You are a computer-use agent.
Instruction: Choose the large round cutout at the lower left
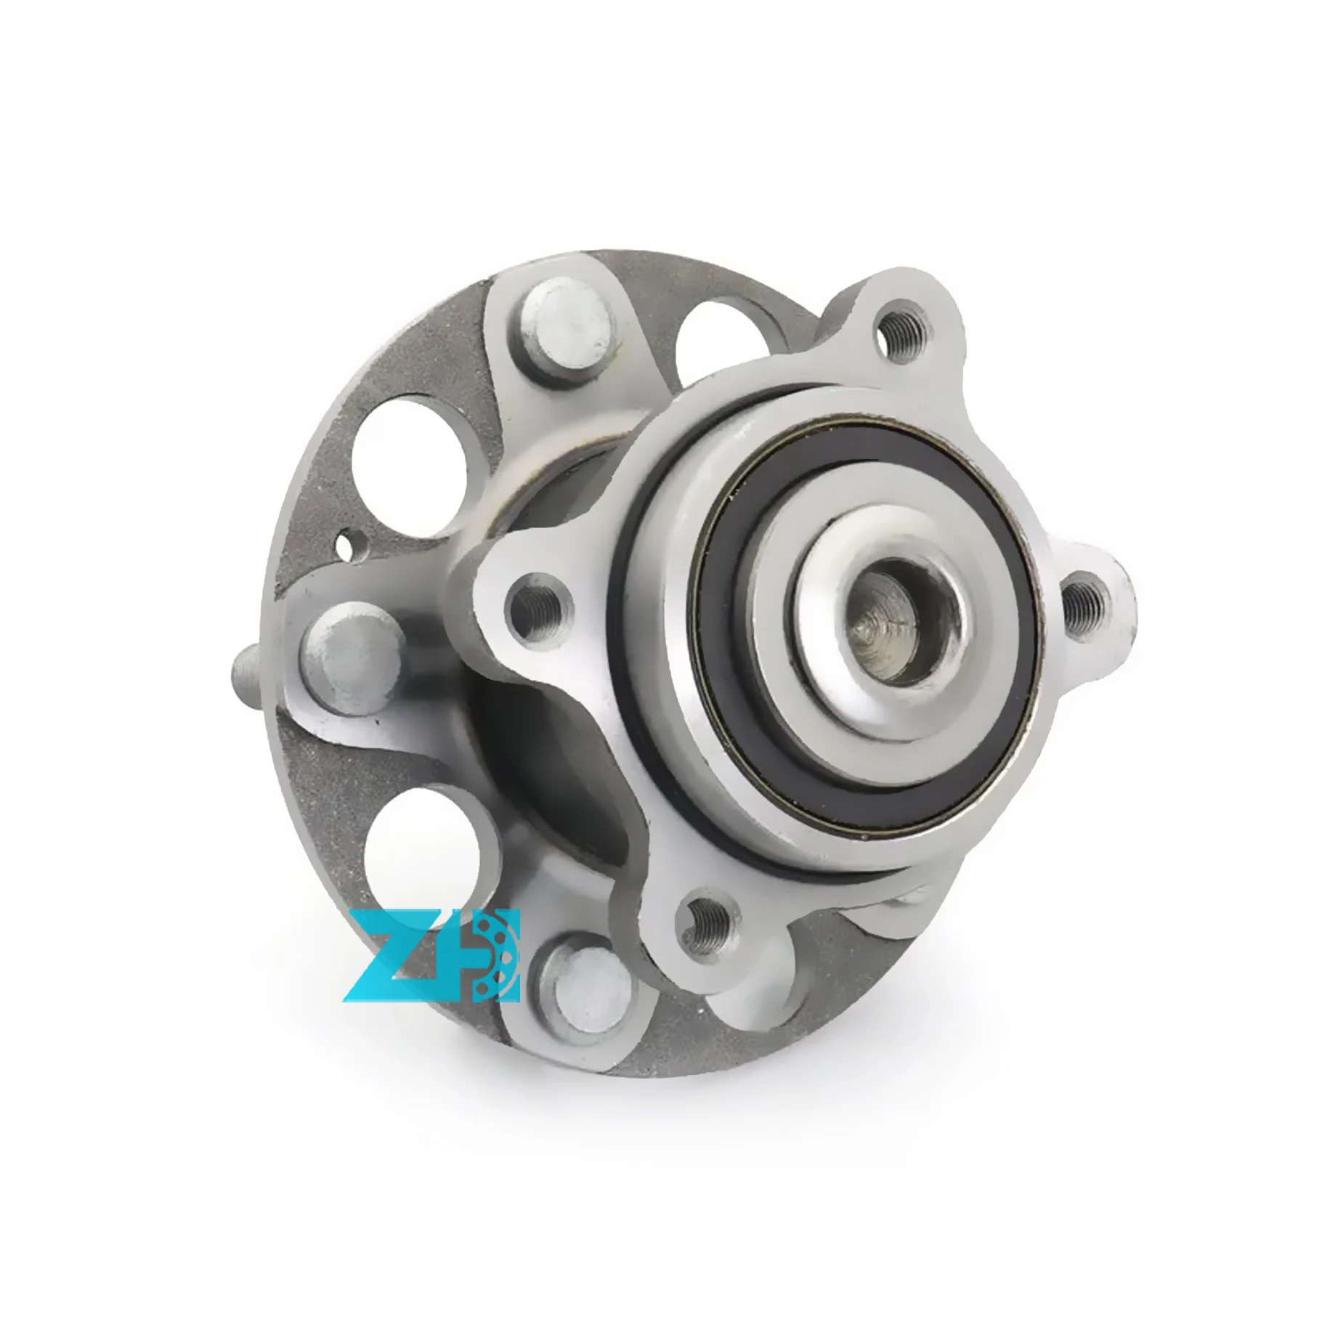(423, 852)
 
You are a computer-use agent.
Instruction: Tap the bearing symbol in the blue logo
(498, 953)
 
